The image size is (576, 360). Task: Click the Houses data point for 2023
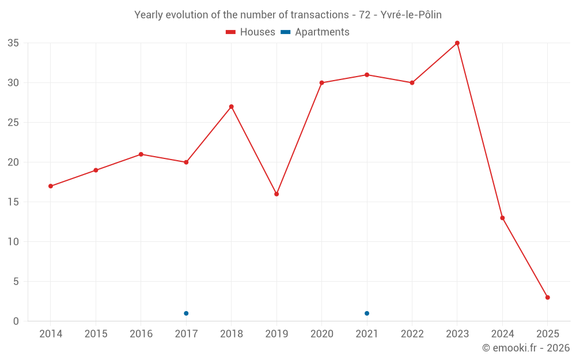tap(457, 43)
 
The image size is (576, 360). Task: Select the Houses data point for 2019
tap(276, 194)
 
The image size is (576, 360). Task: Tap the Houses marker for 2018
tap(231, 107)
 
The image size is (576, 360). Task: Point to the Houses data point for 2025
tap(548, 297)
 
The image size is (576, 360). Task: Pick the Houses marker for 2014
tap(51, 186)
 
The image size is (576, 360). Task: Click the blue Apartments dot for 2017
tap(186, 313)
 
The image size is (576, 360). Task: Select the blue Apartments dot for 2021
tap(367, 313)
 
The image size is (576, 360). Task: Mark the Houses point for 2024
tap(502, 218)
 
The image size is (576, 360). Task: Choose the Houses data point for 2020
tap(321, 83)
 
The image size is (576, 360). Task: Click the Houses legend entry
tap(251, 32)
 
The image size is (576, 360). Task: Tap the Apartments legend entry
tap(315, 32)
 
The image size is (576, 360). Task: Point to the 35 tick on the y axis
tap(13, 43)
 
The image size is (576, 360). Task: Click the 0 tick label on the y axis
tap(16, 321)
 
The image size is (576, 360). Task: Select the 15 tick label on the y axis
tap(13, 202)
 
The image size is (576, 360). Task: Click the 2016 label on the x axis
tap(141, 334)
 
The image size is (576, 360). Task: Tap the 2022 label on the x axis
tap(412, 334)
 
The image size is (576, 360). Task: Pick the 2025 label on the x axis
tap(548, 334)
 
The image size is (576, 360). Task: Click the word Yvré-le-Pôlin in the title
tap(411, 15)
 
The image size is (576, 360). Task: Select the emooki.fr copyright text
tap(526, 348)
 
